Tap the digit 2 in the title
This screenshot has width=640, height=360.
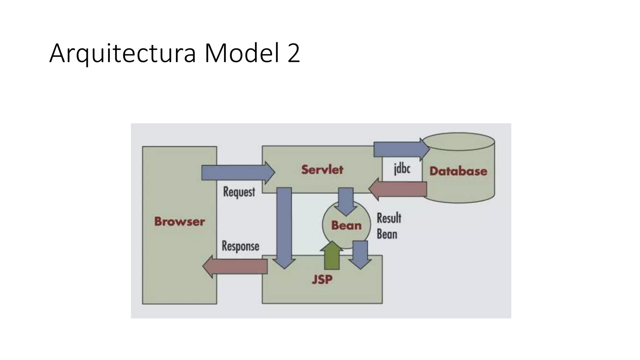(x=293, y=53)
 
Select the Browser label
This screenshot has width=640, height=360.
(x=179, y=222)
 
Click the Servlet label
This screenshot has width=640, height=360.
(x=322, y=169)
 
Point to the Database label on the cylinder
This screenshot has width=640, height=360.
(x=458, y=171)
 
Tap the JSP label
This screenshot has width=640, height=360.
(x=322, y=279)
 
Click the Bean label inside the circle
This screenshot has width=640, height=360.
(x=346, y=225)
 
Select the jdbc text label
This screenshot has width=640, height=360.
(x=402, y=169)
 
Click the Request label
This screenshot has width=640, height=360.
(x=239, y=192)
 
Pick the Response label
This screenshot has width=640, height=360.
(x=240, y=246)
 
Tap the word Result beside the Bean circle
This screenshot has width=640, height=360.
(x=389, y=218)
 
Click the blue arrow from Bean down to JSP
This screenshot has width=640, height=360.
(x=360, y=254)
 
